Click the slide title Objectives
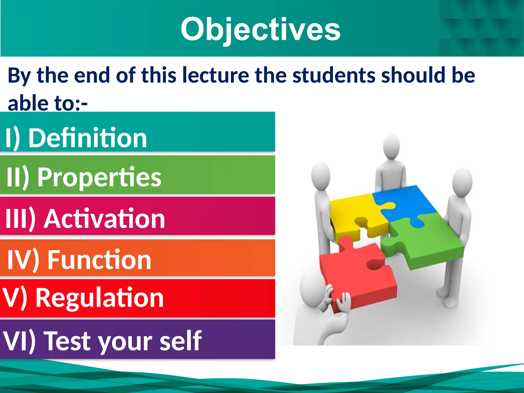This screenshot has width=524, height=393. [260, 29]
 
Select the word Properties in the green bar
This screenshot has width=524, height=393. [99, 177]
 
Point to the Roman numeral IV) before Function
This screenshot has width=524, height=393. [23, 260]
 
